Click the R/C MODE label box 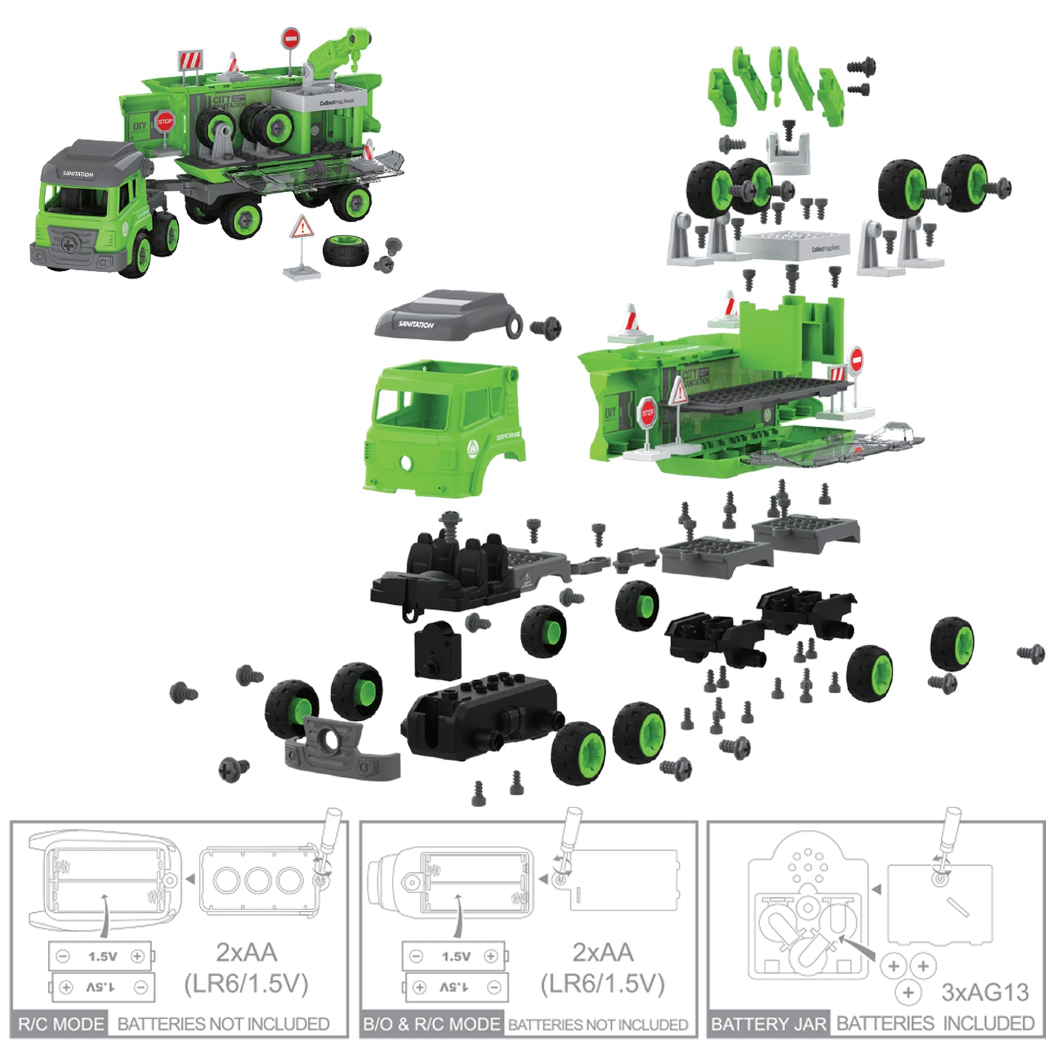coord(60,1023)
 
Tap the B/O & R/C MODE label coord(432,1024)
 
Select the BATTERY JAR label coord(769,1024)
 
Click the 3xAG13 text coord(985,992)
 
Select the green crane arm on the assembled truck coord(338,49)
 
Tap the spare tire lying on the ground coord(345,250)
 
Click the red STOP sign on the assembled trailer coord(165,122)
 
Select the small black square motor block coord(437,651)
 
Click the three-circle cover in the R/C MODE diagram coord(257,880)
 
